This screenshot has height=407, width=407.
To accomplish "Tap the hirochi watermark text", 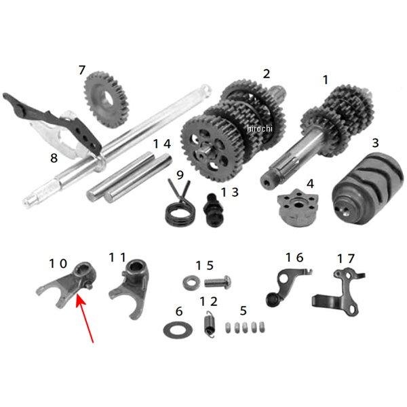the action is (x=260, y=128).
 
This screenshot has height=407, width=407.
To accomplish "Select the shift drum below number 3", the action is (x=368, y=189).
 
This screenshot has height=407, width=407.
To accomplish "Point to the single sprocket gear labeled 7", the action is (x=106, y=100).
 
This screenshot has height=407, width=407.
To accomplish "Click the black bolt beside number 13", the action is (x=214, y=210).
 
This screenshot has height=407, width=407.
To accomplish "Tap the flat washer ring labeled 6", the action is (x=178, y=330).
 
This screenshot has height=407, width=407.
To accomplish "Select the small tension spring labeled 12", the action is (x=210, y=324).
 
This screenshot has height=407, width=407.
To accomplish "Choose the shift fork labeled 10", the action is (x=68, y=286).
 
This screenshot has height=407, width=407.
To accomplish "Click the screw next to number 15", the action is (x=218, y=282).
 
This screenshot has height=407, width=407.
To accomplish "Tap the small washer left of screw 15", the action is (x=191, y=282).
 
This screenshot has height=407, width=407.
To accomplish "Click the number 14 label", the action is (x=162, y=144).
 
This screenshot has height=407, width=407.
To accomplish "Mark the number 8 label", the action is (x=54, y=158).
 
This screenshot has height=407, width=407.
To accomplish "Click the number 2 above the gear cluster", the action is (x=267, y=74).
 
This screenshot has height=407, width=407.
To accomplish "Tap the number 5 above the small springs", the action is (x=244, y=311).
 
